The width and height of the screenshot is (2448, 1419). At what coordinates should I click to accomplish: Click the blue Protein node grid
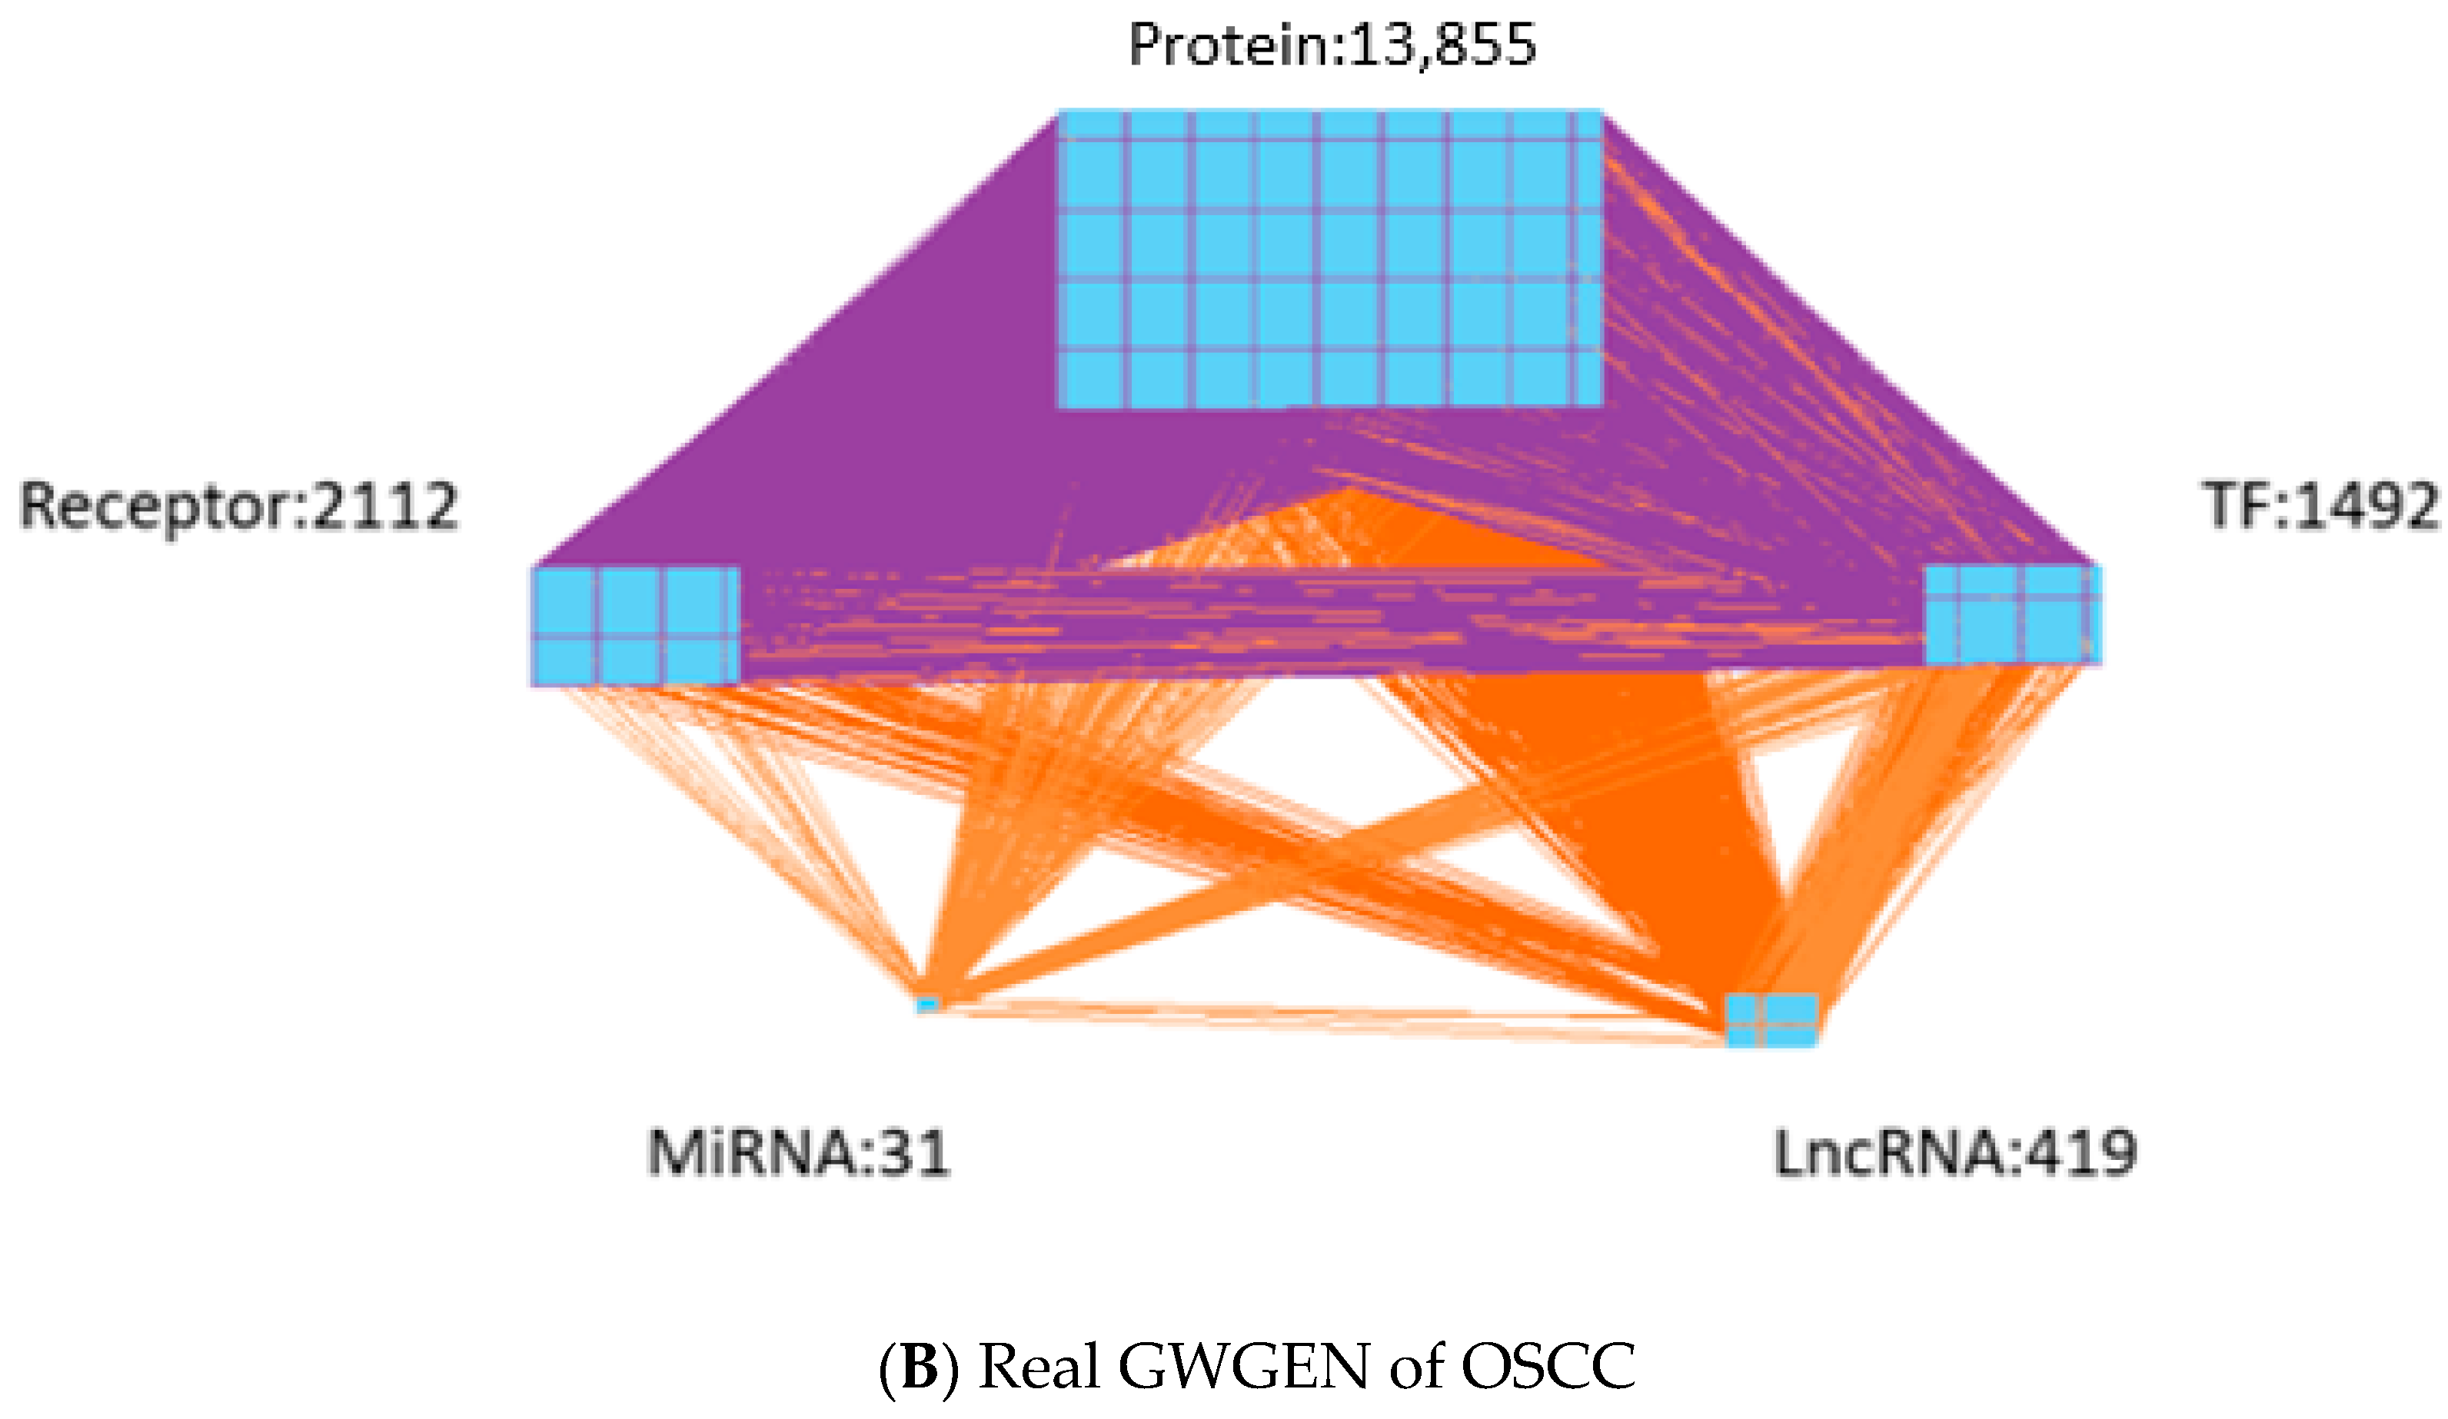1329,258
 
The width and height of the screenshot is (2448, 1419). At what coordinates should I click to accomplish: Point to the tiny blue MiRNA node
928,1003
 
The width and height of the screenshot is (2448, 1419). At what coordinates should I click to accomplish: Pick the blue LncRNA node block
1771,1020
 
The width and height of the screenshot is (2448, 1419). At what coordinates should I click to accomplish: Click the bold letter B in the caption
918,1367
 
